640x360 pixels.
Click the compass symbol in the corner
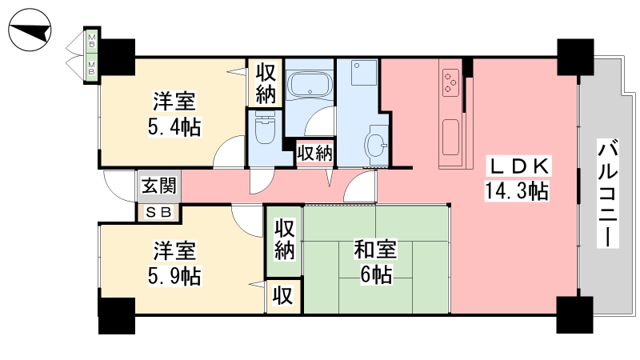[x=30, y=30]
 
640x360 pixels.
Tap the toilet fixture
[x=266, y=127]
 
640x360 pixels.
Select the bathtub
[x=310, y=85]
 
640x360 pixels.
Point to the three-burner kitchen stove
[x=450, y=83]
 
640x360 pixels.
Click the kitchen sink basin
[x=450, y=137]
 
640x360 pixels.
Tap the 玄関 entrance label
[x=158, y=186]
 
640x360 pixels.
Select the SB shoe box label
[x=158, y=212]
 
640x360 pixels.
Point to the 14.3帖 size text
[x=517, y=190]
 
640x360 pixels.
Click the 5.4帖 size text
[x=174, y=127]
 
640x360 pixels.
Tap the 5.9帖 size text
[x=174, y=276]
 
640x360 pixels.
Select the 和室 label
[x=375, y=250]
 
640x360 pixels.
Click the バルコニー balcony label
[x=608, y=193]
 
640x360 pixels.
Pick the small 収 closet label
[x=283, y=295]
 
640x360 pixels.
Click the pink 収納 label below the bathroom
[x=314, y=154]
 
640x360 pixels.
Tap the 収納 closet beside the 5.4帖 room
[x=266, y=84]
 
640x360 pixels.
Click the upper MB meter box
[x=91, y=41]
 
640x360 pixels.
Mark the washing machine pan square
[x=364, y=73]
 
